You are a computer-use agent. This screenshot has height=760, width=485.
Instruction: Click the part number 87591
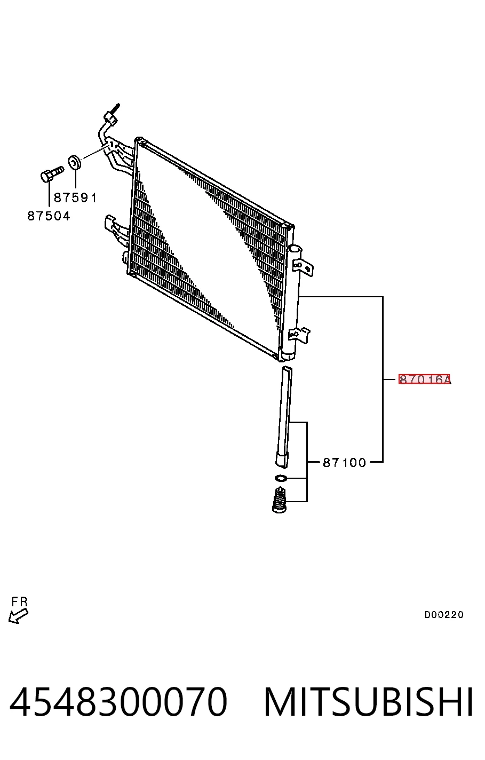point(75,197)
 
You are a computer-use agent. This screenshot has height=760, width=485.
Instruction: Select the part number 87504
point(49,216)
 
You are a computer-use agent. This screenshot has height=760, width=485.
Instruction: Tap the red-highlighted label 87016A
point(424,379)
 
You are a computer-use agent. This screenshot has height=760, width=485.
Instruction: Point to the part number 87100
point(344,462)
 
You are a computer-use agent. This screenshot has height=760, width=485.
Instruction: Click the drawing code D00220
point(444,615)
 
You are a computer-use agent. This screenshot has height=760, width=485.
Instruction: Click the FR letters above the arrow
point(19,602)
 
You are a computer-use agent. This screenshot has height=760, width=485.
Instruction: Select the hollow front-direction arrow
point(18,616)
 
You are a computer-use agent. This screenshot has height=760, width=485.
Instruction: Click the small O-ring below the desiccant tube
point(281,478)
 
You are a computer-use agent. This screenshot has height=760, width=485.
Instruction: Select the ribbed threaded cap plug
point(280,499)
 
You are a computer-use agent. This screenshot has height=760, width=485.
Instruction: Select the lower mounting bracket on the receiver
point(299,334)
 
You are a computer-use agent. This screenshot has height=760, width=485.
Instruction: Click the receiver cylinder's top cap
point(294,249)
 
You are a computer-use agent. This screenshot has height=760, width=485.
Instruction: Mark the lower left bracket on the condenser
point(116,228)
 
